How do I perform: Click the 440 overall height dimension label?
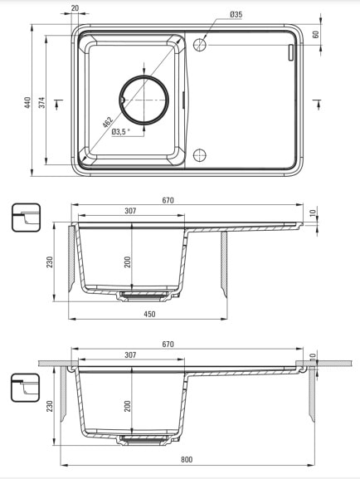pyautogui.click(x=27, y=102)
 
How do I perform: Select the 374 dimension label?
pyautogui.click(x=41, y=102)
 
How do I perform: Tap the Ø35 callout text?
pyautogui.click(x=236, y=14)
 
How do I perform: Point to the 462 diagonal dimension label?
pyautogui.click(x=107, y=122)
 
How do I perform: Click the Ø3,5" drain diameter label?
pyautogui.click(x=121, y=132)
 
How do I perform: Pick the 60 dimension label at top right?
pyautogui.click(x=316, y=34)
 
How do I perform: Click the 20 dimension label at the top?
pyautogui.click(x=75, y=8)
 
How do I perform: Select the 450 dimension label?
pyautogui.click(x=149, y=314)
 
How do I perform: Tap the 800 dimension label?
pyautogui.click(x=187, y=459)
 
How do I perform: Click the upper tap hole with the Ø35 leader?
pyautogui.click(x=200, y=45)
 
